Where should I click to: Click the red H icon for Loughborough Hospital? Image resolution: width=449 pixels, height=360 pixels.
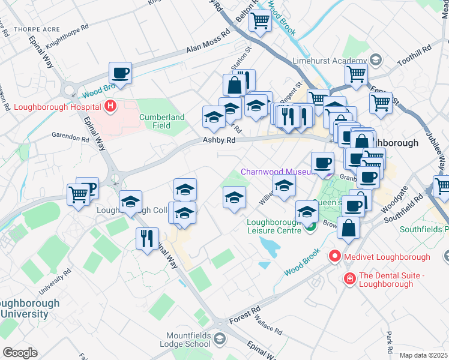click(110, 107)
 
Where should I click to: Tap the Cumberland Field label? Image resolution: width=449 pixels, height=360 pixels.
click(162, 122)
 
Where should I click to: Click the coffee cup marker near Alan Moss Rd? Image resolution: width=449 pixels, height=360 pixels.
click(121, 74)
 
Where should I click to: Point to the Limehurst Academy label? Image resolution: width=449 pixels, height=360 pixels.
click(329, 61)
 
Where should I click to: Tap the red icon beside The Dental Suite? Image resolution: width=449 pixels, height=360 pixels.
click(349, 279)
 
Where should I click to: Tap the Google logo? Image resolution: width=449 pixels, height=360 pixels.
click(20, 352)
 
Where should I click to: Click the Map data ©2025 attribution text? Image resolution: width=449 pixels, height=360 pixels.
click(423, 355)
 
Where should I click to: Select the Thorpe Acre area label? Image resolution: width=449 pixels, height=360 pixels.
click(21, 28)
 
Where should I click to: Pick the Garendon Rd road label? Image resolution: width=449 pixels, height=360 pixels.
click(70, 137)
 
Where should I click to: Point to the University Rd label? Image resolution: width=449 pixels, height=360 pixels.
click(51, 285)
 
